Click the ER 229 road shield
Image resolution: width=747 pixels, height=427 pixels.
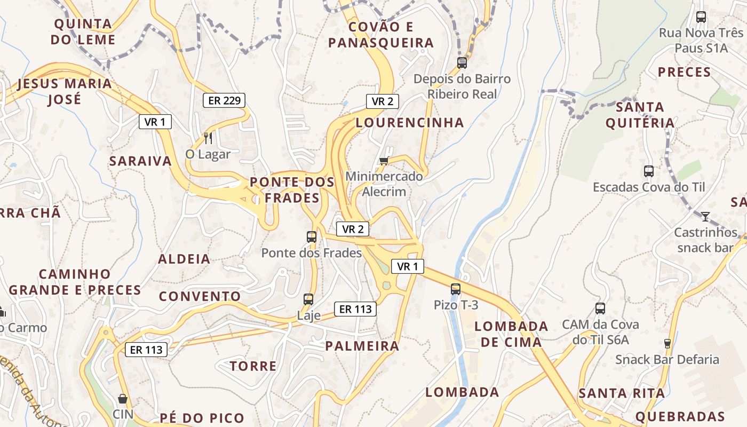[224, 100]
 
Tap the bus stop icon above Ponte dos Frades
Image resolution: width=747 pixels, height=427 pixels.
[312, 236]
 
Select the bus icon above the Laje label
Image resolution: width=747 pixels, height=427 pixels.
[308, 299]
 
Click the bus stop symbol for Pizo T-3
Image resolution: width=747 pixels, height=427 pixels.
[455, 289]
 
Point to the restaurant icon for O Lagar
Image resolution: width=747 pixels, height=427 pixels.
[208, 138]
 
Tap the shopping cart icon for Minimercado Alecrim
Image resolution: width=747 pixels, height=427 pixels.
[383, 161]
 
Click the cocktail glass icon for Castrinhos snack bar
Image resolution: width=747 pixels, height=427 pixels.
[705, 216]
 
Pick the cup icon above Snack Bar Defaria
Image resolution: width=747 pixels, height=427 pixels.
[667, 343]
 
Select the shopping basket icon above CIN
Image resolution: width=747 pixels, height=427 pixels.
[123, 399]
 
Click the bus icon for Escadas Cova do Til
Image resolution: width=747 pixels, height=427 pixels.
[649, 171]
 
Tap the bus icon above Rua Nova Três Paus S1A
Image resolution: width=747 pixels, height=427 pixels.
[701, 17]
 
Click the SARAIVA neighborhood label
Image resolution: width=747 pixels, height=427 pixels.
[140, 161]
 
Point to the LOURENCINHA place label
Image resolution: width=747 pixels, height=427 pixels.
[410, 122]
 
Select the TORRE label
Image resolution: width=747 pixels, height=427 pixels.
[253, 366]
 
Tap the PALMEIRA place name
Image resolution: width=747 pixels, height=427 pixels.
[362, 346]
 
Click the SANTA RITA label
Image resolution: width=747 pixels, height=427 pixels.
[622, 394]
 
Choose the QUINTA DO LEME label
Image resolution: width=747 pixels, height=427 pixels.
[83, 31]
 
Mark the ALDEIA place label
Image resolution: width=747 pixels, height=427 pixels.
[184, 259]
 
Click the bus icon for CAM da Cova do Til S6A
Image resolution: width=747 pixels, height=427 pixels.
[600, 308]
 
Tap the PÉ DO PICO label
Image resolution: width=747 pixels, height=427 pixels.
[202, 418]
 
